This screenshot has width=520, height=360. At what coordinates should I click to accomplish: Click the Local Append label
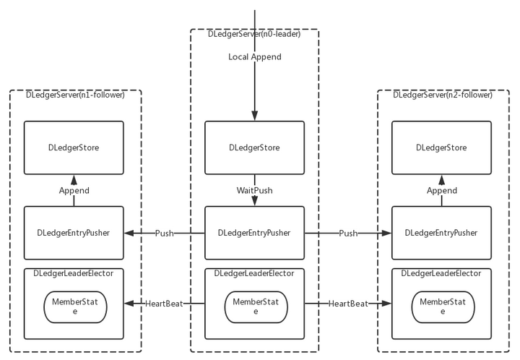(255, 57)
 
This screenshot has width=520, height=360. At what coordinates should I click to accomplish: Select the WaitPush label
(255, 190)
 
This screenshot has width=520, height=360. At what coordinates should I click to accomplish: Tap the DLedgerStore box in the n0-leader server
(254, 147)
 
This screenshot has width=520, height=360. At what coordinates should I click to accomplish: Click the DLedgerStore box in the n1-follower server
(74, 147)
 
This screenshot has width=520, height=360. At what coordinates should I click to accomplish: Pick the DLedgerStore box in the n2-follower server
(441, 147)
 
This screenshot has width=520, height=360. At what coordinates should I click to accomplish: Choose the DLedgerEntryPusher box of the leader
(254, 233)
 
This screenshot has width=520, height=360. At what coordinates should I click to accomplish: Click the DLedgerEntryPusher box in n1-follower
(74, 233)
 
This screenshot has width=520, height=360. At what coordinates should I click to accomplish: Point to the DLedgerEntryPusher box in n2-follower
(441, 233)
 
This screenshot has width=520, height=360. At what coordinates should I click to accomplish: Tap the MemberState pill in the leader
(256, 307)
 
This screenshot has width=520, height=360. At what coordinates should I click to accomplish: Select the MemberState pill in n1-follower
(75, 307)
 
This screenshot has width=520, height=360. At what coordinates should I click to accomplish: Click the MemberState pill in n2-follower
(443, 307)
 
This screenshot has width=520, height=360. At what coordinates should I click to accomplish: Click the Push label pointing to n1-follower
(165, 233)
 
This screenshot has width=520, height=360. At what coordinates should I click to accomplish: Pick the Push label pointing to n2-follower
(348, 233)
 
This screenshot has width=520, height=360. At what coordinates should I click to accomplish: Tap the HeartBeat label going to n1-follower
(164, 304)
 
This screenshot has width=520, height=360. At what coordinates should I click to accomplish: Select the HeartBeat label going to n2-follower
(348, 304)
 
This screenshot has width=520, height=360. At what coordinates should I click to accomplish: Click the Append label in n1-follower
(74, 191)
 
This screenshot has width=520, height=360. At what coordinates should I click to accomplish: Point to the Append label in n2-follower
(442, 191)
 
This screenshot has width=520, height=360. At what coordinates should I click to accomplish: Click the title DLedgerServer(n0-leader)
(254, 34)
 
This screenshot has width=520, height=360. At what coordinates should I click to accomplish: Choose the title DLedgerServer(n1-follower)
(75, 95)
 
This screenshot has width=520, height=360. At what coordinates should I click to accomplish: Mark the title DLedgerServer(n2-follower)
(443, 95)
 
